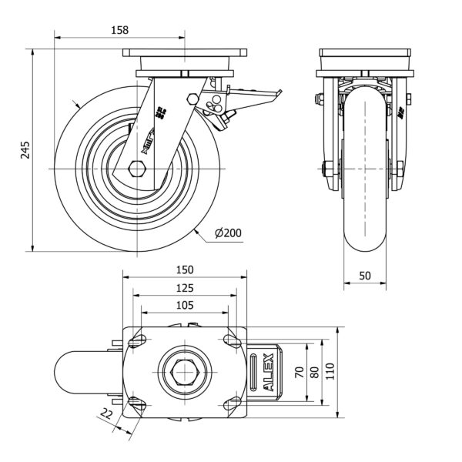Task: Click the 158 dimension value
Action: [x=119, y=30]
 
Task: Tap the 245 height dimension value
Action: [x=25, y=149]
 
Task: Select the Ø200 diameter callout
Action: [x=229, y=233]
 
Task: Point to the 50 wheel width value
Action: [x=364, y=275]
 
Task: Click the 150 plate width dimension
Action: [x=185, y=270]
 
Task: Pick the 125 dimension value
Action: [x=184, y=288]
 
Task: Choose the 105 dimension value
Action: [x=184, y=306]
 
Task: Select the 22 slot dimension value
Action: [x=107, y=415]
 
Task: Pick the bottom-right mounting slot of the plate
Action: [x=229, y=404]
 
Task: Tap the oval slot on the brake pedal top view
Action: [x=256, y=375]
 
